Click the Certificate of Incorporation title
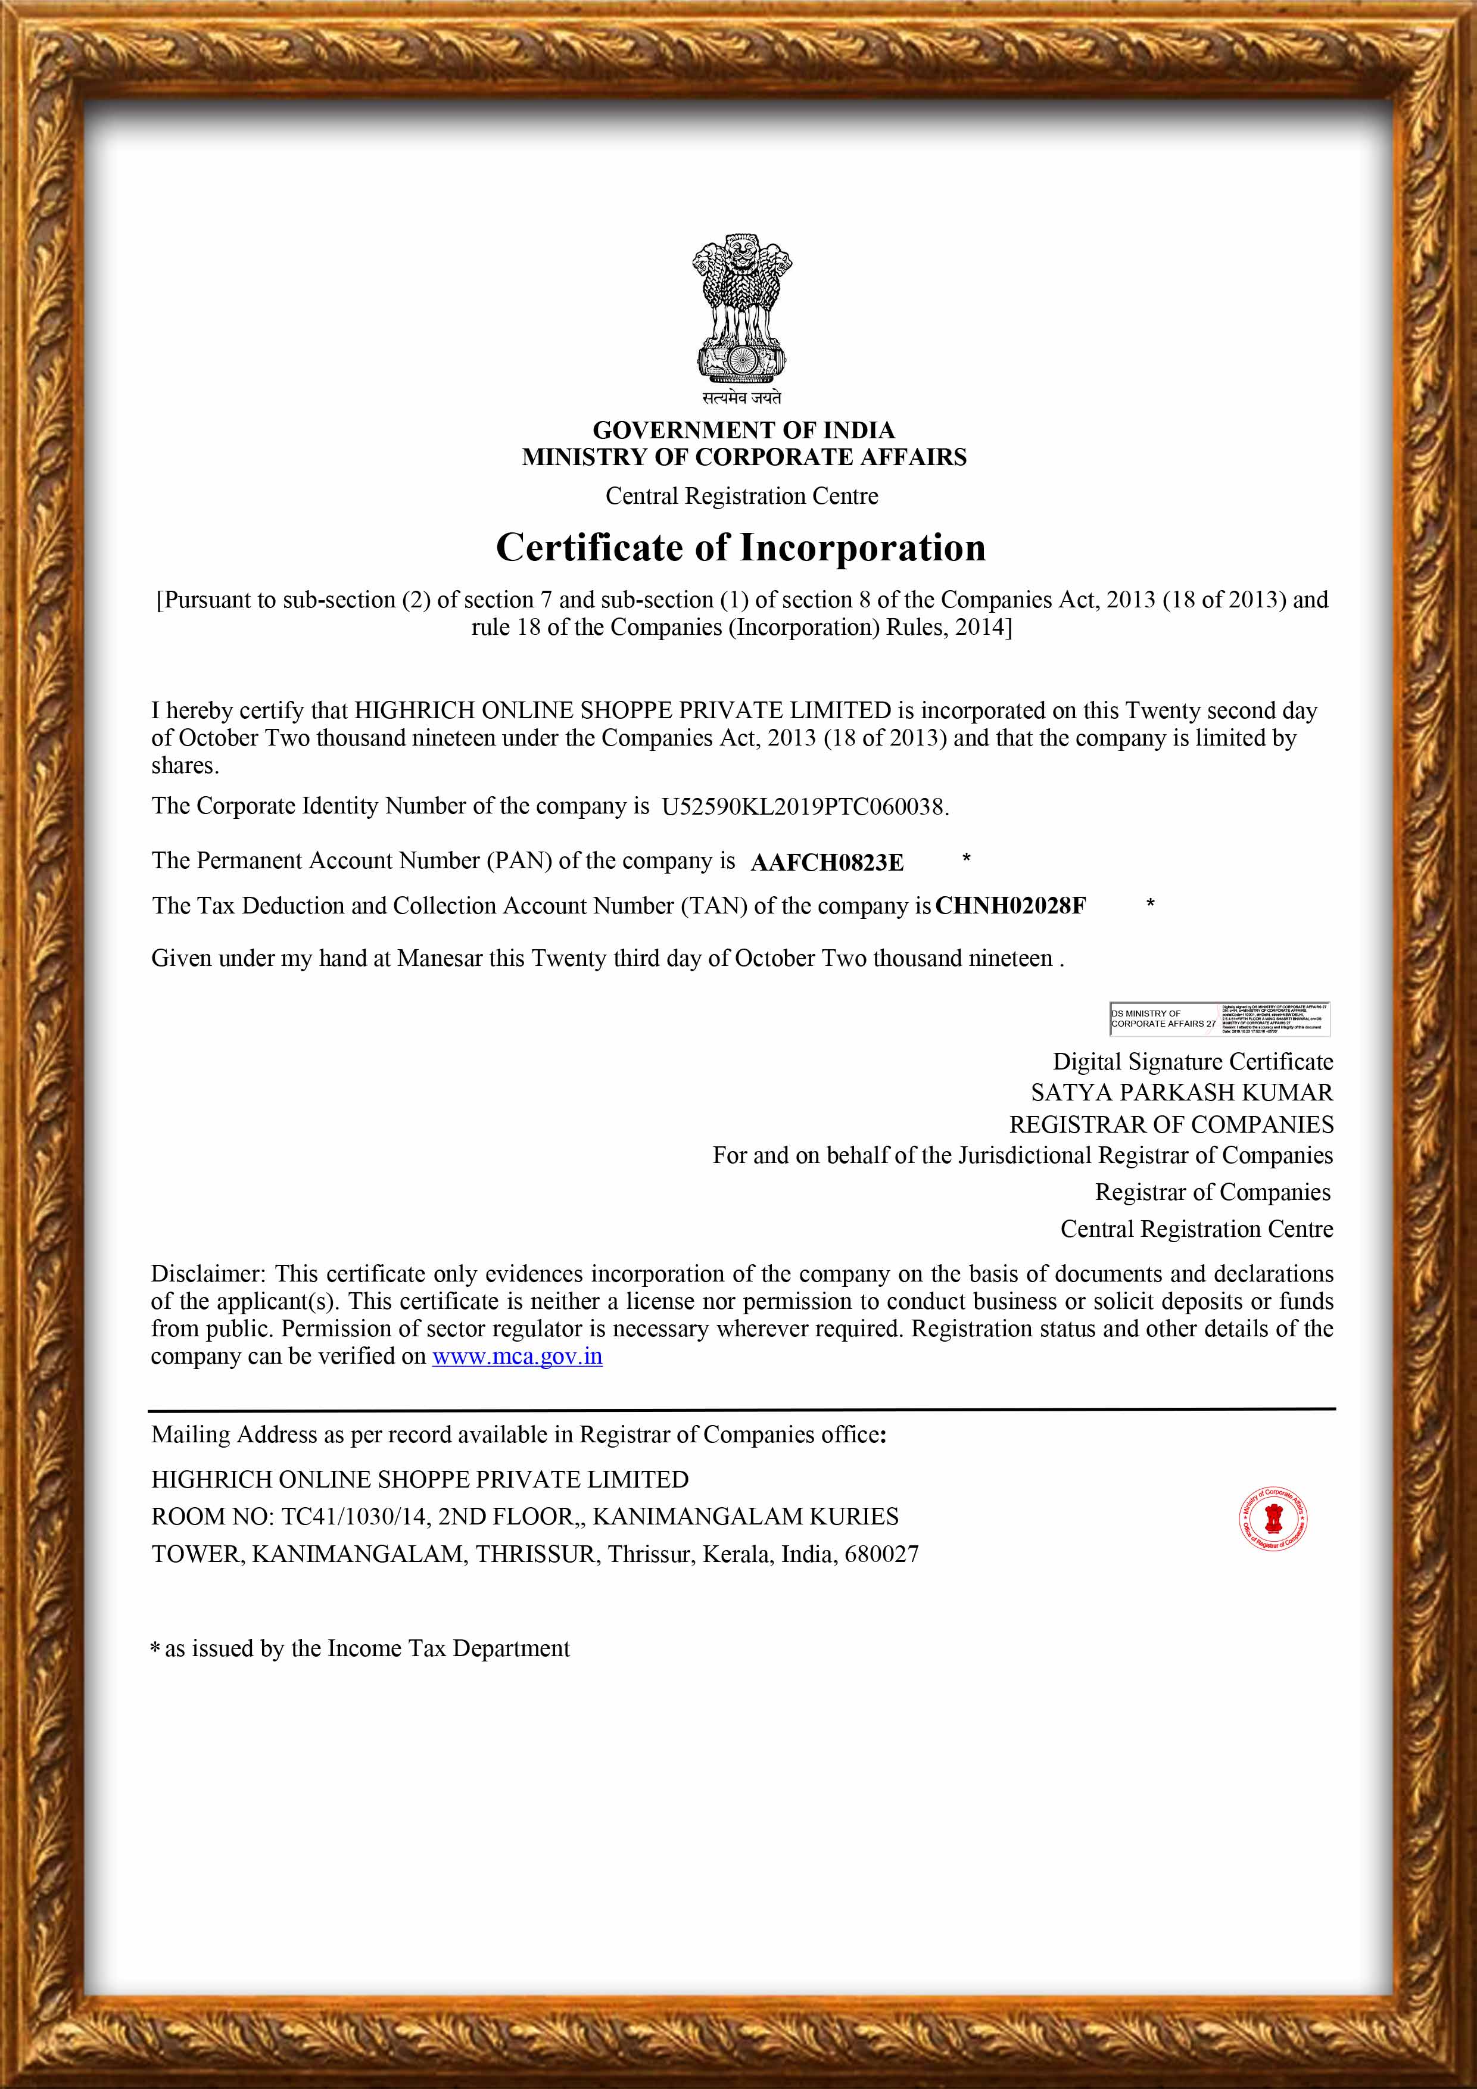[741, 548]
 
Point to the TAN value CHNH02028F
[1010, 906]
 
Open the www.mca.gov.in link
[517, 1357]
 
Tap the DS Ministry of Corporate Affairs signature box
[1219, 1019]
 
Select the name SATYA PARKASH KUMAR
[1181, 1093]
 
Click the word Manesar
[440, 958]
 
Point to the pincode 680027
[881, 1554]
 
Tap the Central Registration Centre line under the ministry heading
[741, 496]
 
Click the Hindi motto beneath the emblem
[741, 398]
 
